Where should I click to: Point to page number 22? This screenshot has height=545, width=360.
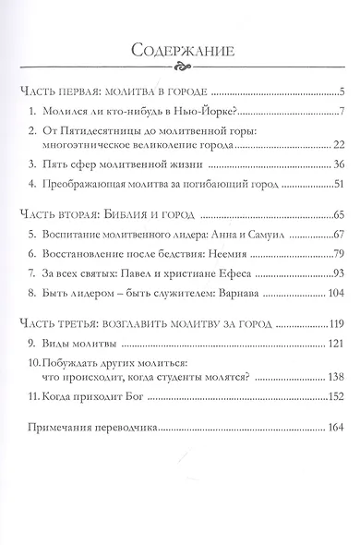pos(338,145)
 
